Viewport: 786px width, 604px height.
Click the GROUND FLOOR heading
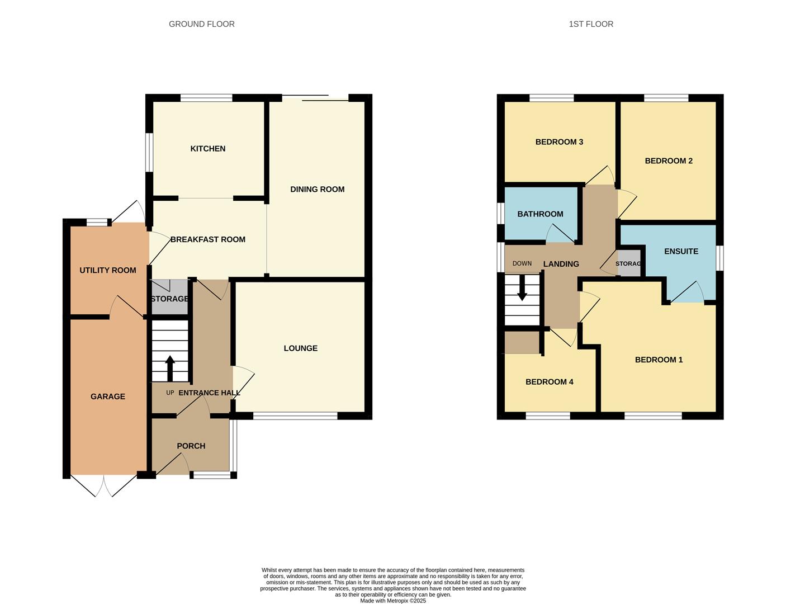click(x=201, y=24)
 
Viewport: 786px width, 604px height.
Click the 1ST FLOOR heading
click(x=590, y=24)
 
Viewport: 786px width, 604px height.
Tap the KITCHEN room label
click(x=207, y=149)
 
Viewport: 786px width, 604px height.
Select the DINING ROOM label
click(x=317, y=190)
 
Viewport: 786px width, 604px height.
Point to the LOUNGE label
click(x=300, y=348)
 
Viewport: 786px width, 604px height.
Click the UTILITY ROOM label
click(x=107, y=271)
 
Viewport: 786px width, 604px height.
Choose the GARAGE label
click(x=107, y=397)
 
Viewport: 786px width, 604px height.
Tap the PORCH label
click(x=191, y=446)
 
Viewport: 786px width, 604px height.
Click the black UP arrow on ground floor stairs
click(x=170, y=367)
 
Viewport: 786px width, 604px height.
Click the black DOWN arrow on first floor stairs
click(x=522, y=290)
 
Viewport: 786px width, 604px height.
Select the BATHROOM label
click(x=540, y=214)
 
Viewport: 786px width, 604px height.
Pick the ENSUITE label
click(x=681, y=252)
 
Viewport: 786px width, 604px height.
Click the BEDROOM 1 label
click(x=659, y=360)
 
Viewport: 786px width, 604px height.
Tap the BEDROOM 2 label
click(x=669, y=161)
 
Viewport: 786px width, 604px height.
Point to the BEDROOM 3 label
click(x=559, y=142)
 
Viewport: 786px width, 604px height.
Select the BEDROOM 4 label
click(x=549, y=382)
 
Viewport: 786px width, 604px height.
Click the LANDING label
click(x=561, y=264)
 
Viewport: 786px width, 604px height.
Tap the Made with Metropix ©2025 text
click(x=392, y=601)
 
